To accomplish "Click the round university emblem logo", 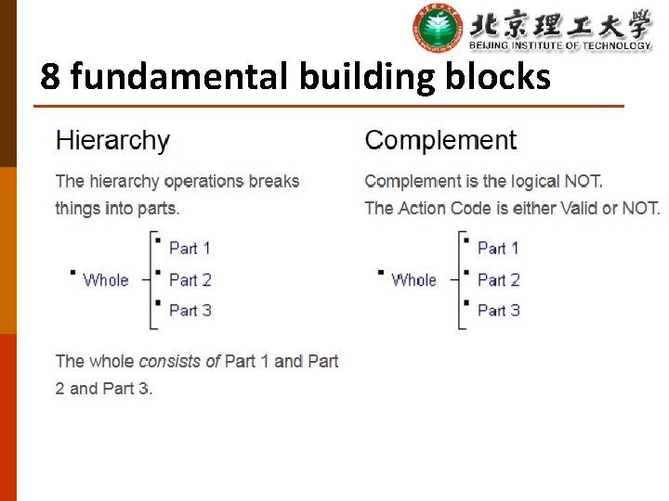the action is coord(438,29).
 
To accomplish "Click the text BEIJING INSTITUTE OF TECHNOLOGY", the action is coord(559,45).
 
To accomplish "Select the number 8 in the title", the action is coord(50,76).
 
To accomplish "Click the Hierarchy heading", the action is coord(112,141).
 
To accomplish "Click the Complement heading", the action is coord(440,140).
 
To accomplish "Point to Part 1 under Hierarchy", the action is coord(190,248).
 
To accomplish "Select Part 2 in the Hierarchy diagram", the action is coord(190,279).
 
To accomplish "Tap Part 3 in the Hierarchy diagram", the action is coord(190,310).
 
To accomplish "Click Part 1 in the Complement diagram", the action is coord(498,248).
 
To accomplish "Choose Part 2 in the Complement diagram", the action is coord(498,279).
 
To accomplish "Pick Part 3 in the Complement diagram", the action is coord(498,310).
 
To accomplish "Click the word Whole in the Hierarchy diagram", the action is coord(106,279).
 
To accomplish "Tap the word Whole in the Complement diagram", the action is coord(413,279).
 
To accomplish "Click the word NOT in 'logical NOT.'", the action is coord(583,181).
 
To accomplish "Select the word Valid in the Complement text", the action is coord(579,208).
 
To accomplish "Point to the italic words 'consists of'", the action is coord(179,361).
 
